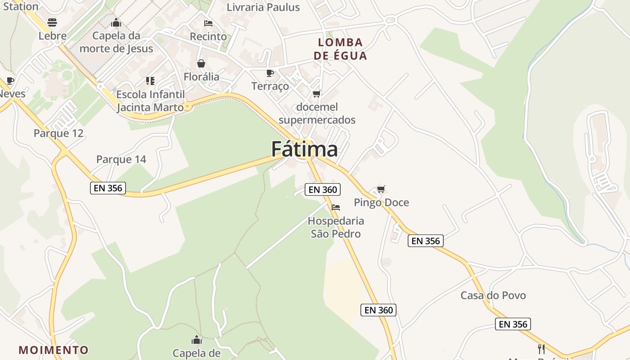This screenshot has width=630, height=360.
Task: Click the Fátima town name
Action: point(304,149)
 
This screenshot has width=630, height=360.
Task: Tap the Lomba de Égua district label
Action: point(340,49)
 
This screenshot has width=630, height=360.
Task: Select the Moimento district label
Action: point(54,350)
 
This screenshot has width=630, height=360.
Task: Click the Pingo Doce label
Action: point(381,202)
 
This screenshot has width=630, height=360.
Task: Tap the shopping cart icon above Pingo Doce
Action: point(381,189)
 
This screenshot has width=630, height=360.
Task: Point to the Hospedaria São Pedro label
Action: point(336,227)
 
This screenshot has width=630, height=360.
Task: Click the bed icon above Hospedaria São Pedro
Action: point(336,207)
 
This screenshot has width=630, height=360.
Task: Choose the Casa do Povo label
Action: point(493,296)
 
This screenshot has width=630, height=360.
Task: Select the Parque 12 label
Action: point(58,133)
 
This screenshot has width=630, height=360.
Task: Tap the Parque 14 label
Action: point(121,159)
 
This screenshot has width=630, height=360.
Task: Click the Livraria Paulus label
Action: point(263,7)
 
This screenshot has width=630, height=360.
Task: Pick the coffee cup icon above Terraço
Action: point(270,73)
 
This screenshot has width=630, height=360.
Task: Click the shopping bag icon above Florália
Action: point(201,63)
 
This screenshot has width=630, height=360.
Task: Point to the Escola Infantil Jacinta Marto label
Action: point(150,101)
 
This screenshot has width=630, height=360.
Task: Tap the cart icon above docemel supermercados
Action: point(316,94)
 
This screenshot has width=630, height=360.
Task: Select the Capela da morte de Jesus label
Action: point(116,42)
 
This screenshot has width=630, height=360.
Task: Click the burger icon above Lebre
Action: point(52,22)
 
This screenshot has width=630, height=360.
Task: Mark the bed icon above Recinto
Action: point(208,23)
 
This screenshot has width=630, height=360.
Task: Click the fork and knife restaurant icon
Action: point(541,349)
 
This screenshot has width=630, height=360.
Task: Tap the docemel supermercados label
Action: point(317,113)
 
